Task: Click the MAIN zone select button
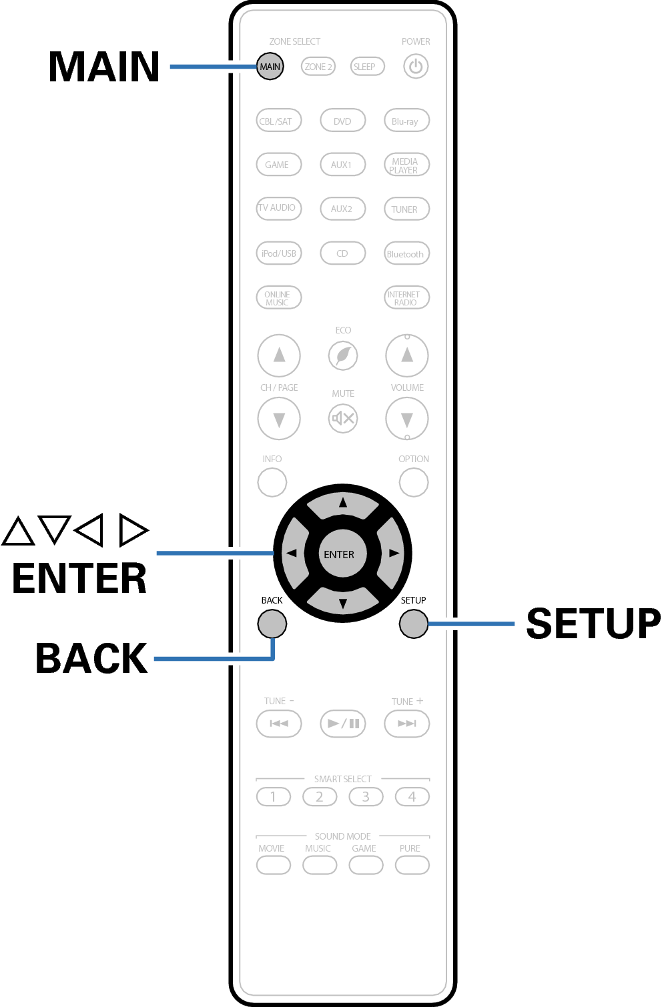pos(270,67)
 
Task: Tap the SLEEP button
pos(364,67)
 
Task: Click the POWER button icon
pos(416,67)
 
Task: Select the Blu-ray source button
pos(406,121)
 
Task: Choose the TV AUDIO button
pos(278,208)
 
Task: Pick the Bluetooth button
pos(406,253)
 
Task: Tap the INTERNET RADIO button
pos(406,297)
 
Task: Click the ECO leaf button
pos(343,355)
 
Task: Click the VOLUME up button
pos(407,355)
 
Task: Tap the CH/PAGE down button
pos(279,419)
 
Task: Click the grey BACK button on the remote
pos(272,624)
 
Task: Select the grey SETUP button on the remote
pos(414,624)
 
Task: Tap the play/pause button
pos(343,724)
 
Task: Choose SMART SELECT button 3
pos(366,796)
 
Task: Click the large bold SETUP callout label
pos(593,624)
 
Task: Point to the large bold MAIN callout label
pos(104,67)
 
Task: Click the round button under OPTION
pos(414,482)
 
